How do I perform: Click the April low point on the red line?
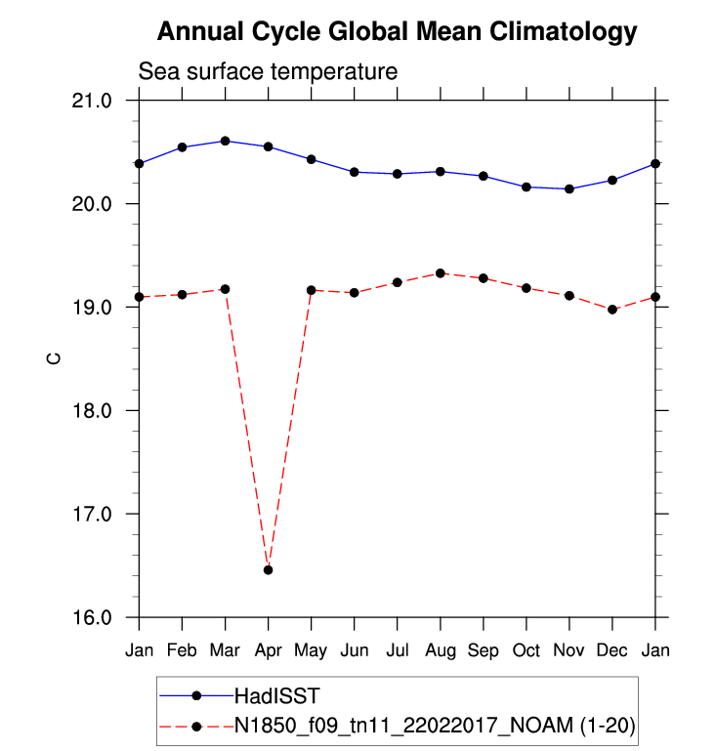tap(269, 569)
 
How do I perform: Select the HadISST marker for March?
tap(226, 141)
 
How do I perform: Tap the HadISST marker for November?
tap(569, 188)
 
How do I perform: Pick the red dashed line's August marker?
tap(441, 273)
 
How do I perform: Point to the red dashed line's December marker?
tap(612, 310)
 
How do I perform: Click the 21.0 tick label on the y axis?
tap(93, 101)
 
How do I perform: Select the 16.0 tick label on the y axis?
tap(93, 617)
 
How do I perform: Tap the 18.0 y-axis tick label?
tap(93, 410)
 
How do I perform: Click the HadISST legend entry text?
tap(276, 695)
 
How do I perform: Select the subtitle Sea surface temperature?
tap(268, 72)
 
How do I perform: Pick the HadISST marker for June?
tap(355, 172)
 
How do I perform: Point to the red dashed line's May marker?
tap(312, 290)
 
